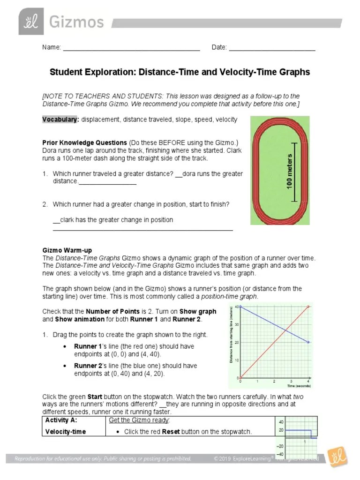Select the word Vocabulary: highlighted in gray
pyautogui.click(x=60, y=120)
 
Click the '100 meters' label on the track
pyautogui.click(x=289, y=172)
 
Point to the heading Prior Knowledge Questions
pyautogui.click(x=85, y=142)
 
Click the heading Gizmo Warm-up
pyautogui.click(x=64, y=251)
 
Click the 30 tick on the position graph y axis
pyautogui.click(x=237, y=324)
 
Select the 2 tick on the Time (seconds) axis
pyautogui.click(x=274, y=382)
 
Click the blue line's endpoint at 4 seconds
pyautogui.click(x=308, y=342)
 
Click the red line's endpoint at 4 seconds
pyautogui.click(x=308, y=307)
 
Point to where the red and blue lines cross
pyautogui.click(x=285, y=330)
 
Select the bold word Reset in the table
pyautogui.click(x=171, y=432)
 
